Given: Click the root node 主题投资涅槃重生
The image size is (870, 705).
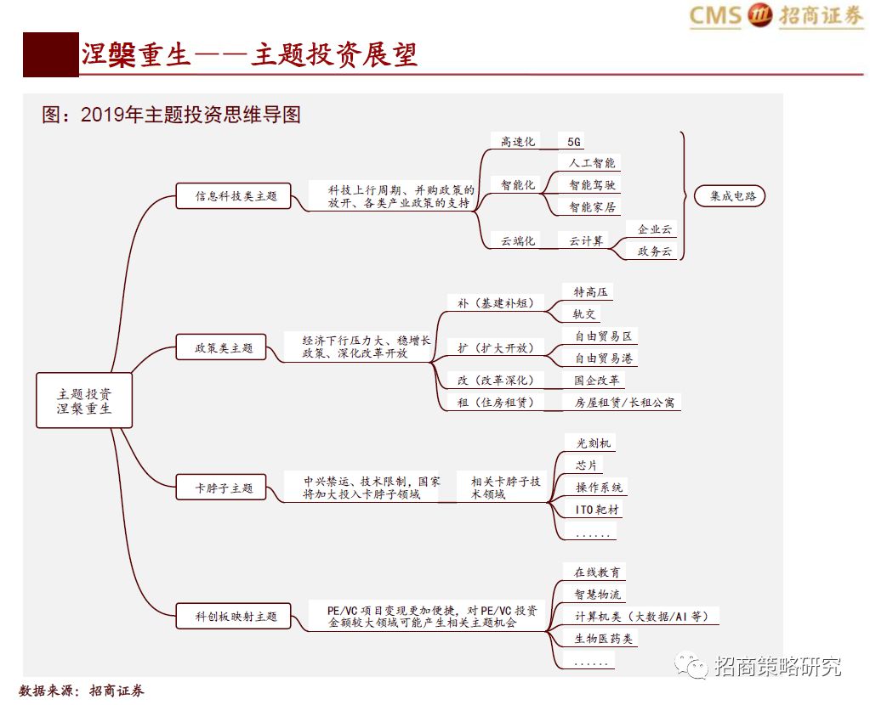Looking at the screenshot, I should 84,400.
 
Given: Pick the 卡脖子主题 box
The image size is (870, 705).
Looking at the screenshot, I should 225,488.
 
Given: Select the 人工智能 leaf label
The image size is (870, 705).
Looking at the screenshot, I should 592,162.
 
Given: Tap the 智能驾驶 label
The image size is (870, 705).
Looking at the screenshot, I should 592,184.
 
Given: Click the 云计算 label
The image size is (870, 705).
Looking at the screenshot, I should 586,241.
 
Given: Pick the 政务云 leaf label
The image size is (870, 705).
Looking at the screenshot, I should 654,251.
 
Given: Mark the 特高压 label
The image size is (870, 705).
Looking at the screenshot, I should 590,292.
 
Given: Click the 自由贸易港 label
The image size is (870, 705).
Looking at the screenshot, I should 604,358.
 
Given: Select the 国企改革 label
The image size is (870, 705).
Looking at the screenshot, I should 597,381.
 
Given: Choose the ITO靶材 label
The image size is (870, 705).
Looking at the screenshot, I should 598,510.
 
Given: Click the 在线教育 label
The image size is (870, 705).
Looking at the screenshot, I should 597,572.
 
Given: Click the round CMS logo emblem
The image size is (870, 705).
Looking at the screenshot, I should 759,15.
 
